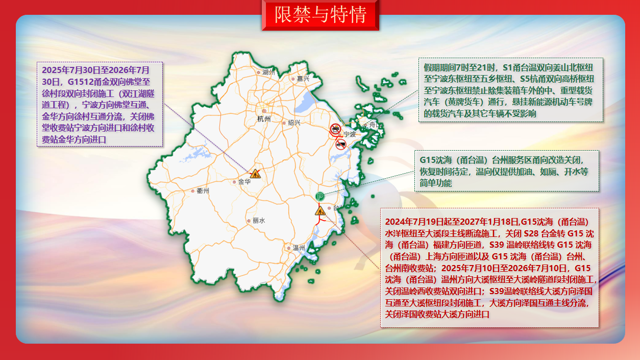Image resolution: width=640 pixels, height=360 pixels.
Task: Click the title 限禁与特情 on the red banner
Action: [x=321, y=14]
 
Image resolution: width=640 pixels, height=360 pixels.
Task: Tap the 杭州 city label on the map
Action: [x=264, y=119]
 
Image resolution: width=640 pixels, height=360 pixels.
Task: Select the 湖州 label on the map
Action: [x=268, y=73]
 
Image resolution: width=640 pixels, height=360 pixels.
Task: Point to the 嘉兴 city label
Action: [x=303, y=79]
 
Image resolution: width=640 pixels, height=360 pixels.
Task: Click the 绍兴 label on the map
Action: [x=294, y=123]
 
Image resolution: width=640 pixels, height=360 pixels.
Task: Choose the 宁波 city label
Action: [x=350, y=134]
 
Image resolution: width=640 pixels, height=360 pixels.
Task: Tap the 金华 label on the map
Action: [x=244, y=182]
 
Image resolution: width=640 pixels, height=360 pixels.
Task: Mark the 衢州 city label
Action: [x=203, y=190]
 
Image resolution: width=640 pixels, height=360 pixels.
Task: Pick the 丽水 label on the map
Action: [x=259, y=221]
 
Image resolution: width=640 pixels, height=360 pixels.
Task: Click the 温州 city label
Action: [x=299, y=248]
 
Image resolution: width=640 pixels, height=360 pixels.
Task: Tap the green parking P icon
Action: [x=320, y=197]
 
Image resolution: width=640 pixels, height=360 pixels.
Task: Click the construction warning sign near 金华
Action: [x=255, y=174]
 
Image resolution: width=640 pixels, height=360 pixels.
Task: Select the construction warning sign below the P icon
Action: [x=320, y=211]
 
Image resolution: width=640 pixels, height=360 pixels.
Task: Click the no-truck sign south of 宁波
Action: [x=340, y=145]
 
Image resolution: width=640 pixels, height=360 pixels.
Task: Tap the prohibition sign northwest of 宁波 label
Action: [x=335, y=129]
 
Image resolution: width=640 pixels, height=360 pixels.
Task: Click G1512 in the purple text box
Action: [x=81, y=82]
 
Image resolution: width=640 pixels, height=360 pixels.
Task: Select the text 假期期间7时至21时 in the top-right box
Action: [x=459, y=67]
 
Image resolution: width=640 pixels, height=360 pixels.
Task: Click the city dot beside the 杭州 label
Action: [x=264, y=111]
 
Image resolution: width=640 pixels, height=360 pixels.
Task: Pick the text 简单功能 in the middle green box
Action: [x=436, y=183]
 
